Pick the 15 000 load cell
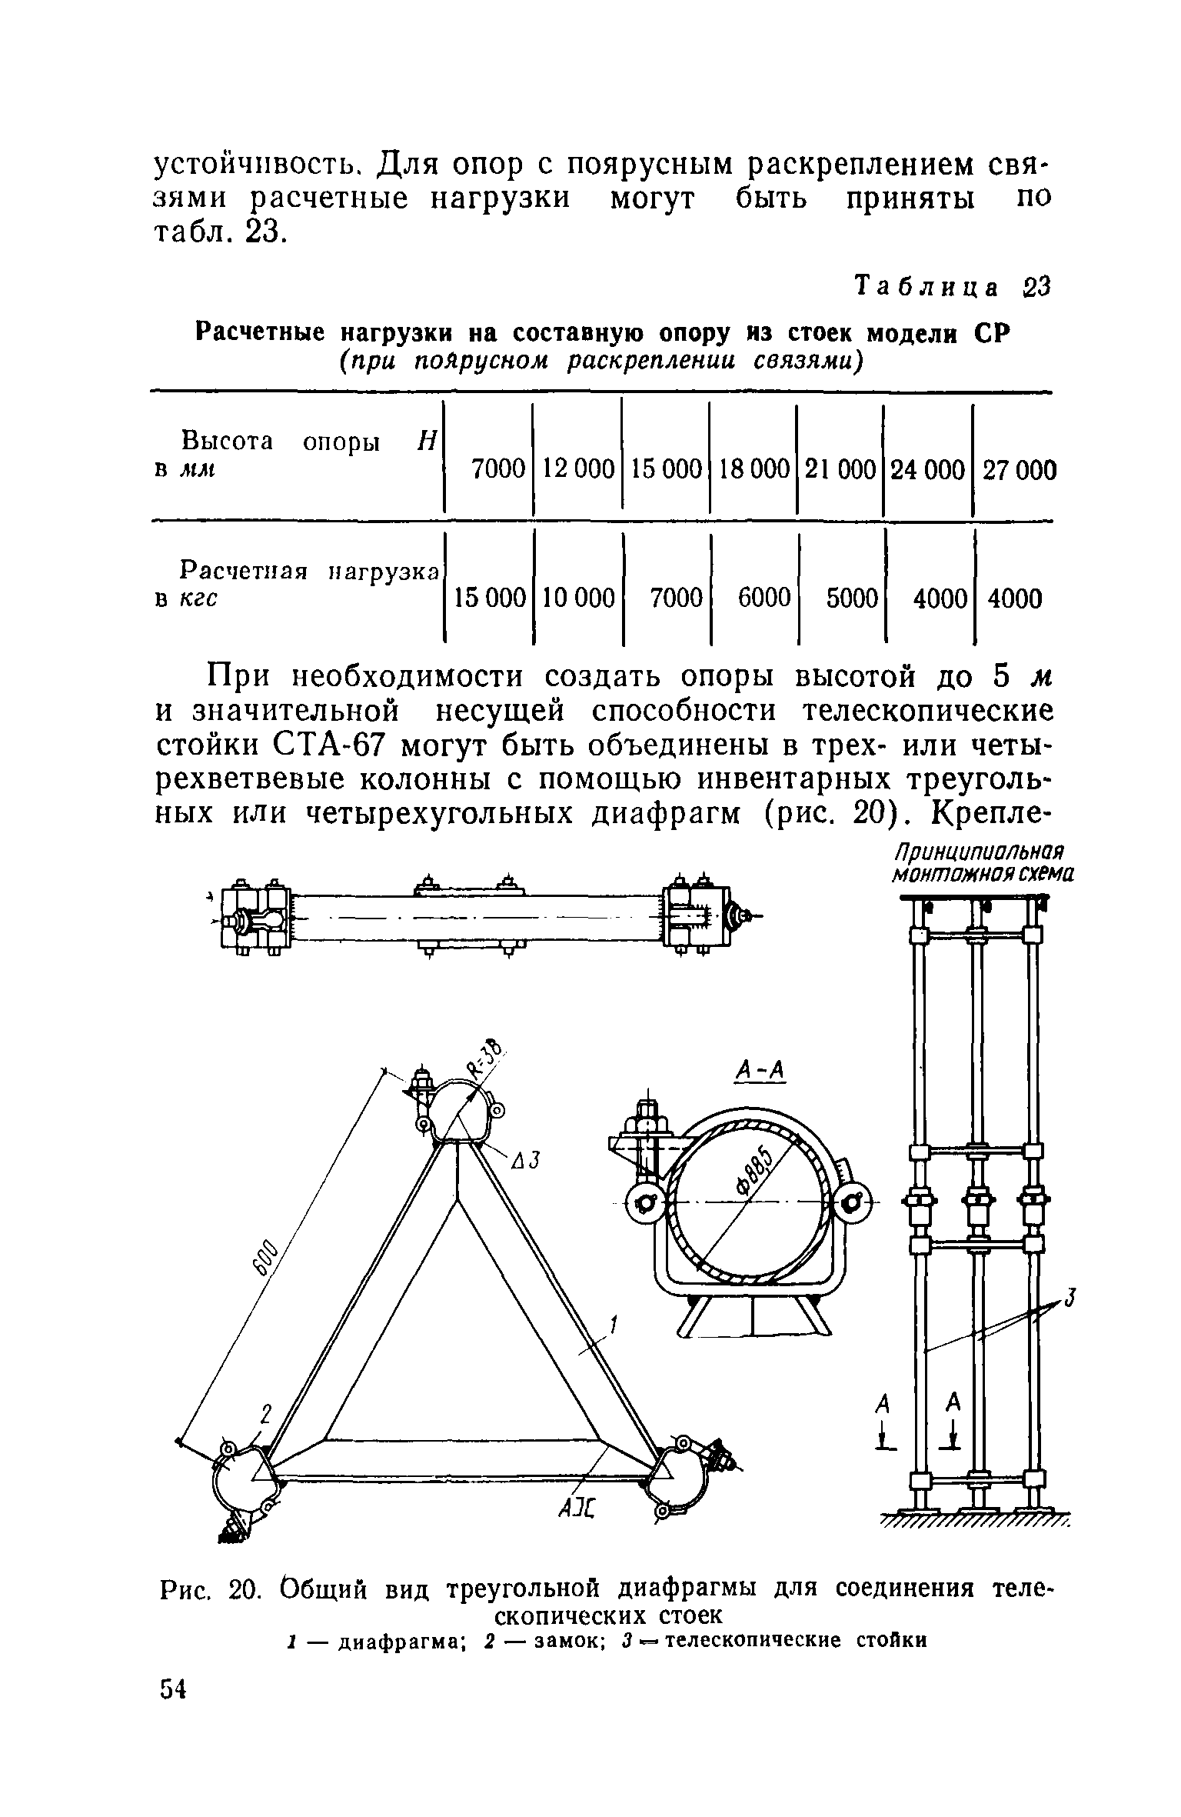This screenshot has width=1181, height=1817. pyautogui.click(x=490, y=597)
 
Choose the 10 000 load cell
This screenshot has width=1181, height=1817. pyautogui.click(x=578, y=597)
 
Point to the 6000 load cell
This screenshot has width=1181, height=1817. pyautogui.click(x=763, y=597)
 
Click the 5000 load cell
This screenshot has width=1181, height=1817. pyautogui.click(x=851, y=597)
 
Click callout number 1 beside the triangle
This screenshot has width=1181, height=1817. pyautogui.click(x=614, y=1325)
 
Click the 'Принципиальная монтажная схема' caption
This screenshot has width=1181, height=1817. pyautogui.click(x=980, y=863)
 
